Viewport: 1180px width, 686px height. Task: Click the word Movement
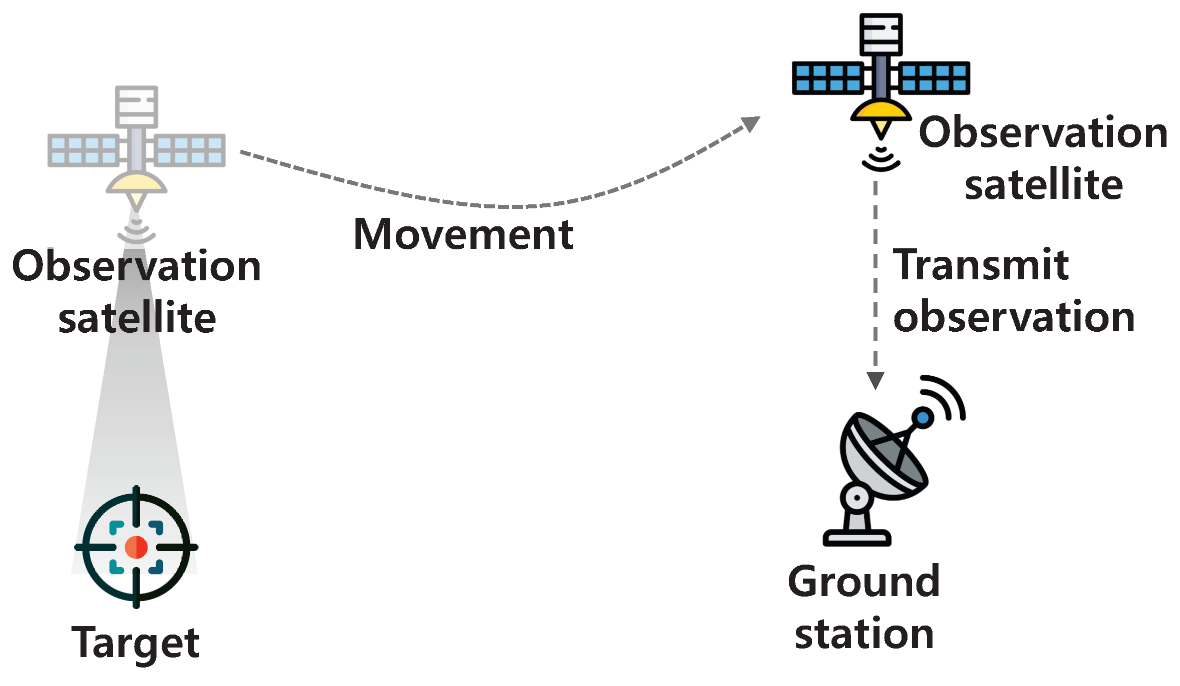463,234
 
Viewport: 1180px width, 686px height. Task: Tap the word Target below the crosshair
135,643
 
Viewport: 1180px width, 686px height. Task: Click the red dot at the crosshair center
136,547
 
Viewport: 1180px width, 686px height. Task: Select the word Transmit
980,265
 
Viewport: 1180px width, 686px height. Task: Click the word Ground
863,582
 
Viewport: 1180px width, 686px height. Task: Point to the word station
864,634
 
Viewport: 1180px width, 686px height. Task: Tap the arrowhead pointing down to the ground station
875,380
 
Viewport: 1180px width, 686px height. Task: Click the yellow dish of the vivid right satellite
881,110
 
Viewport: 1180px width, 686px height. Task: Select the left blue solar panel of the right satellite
827,78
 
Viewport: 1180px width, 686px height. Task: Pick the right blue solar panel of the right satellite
934,78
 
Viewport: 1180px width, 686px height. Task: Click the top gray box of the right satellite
881,34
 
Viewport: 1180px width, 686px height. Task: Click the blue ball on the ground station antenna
922,417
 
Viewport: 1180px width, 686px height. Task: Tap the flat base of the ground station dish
856,538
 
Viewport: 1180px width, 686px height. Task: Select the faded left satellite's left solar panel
83,150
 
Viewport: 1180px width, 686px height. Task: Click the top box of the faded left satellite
136,106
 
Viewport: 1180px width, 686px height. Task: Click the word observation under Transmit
1014,317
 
